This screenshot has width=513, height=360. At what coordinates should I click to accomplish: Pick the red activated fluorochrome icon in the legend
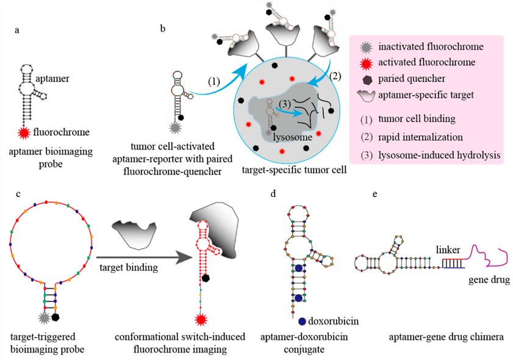coord(365,62)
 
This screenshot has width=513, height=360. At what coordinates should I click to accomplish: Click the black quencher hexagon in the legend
coord(365,77)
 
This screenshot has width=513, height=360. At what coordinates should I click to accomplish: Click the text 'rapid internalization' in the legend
coord(421,137)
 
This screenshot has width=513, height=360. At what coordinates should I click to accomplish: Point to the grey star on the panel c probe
coord(43,316)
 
